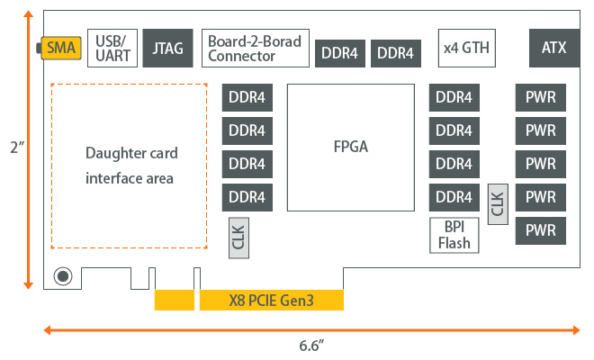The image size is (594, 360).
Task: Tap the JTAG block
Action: [x=168, y=48]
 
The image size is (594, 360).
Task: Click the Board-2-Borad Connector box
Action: [x=255, y=48]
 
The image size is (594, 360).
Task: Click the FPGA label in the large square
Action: [x=351, y=146]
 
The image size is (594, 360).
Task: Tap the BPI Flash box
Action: [x=454, y=235]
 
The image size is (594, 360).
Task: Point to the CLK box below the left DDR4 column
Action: [x=238, y=239]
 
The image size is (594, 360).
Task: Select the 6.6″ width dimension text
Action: [x=311, y=345]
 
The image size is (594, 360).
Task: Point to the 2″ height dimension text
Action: [x=13, y=147]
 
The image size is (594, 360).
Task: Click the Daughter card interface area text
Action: [x=130, y=165]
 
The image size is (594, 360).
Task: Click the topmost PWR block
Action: [x=540, y=97]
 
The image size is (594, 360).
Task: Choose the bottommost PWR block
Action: [x=540, y=230]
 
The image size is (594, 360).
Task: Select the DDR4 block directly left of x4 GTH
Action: [x=395, y=53]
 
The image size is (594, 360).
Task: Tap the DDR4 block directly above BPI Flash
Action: [x=454, y=197]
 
